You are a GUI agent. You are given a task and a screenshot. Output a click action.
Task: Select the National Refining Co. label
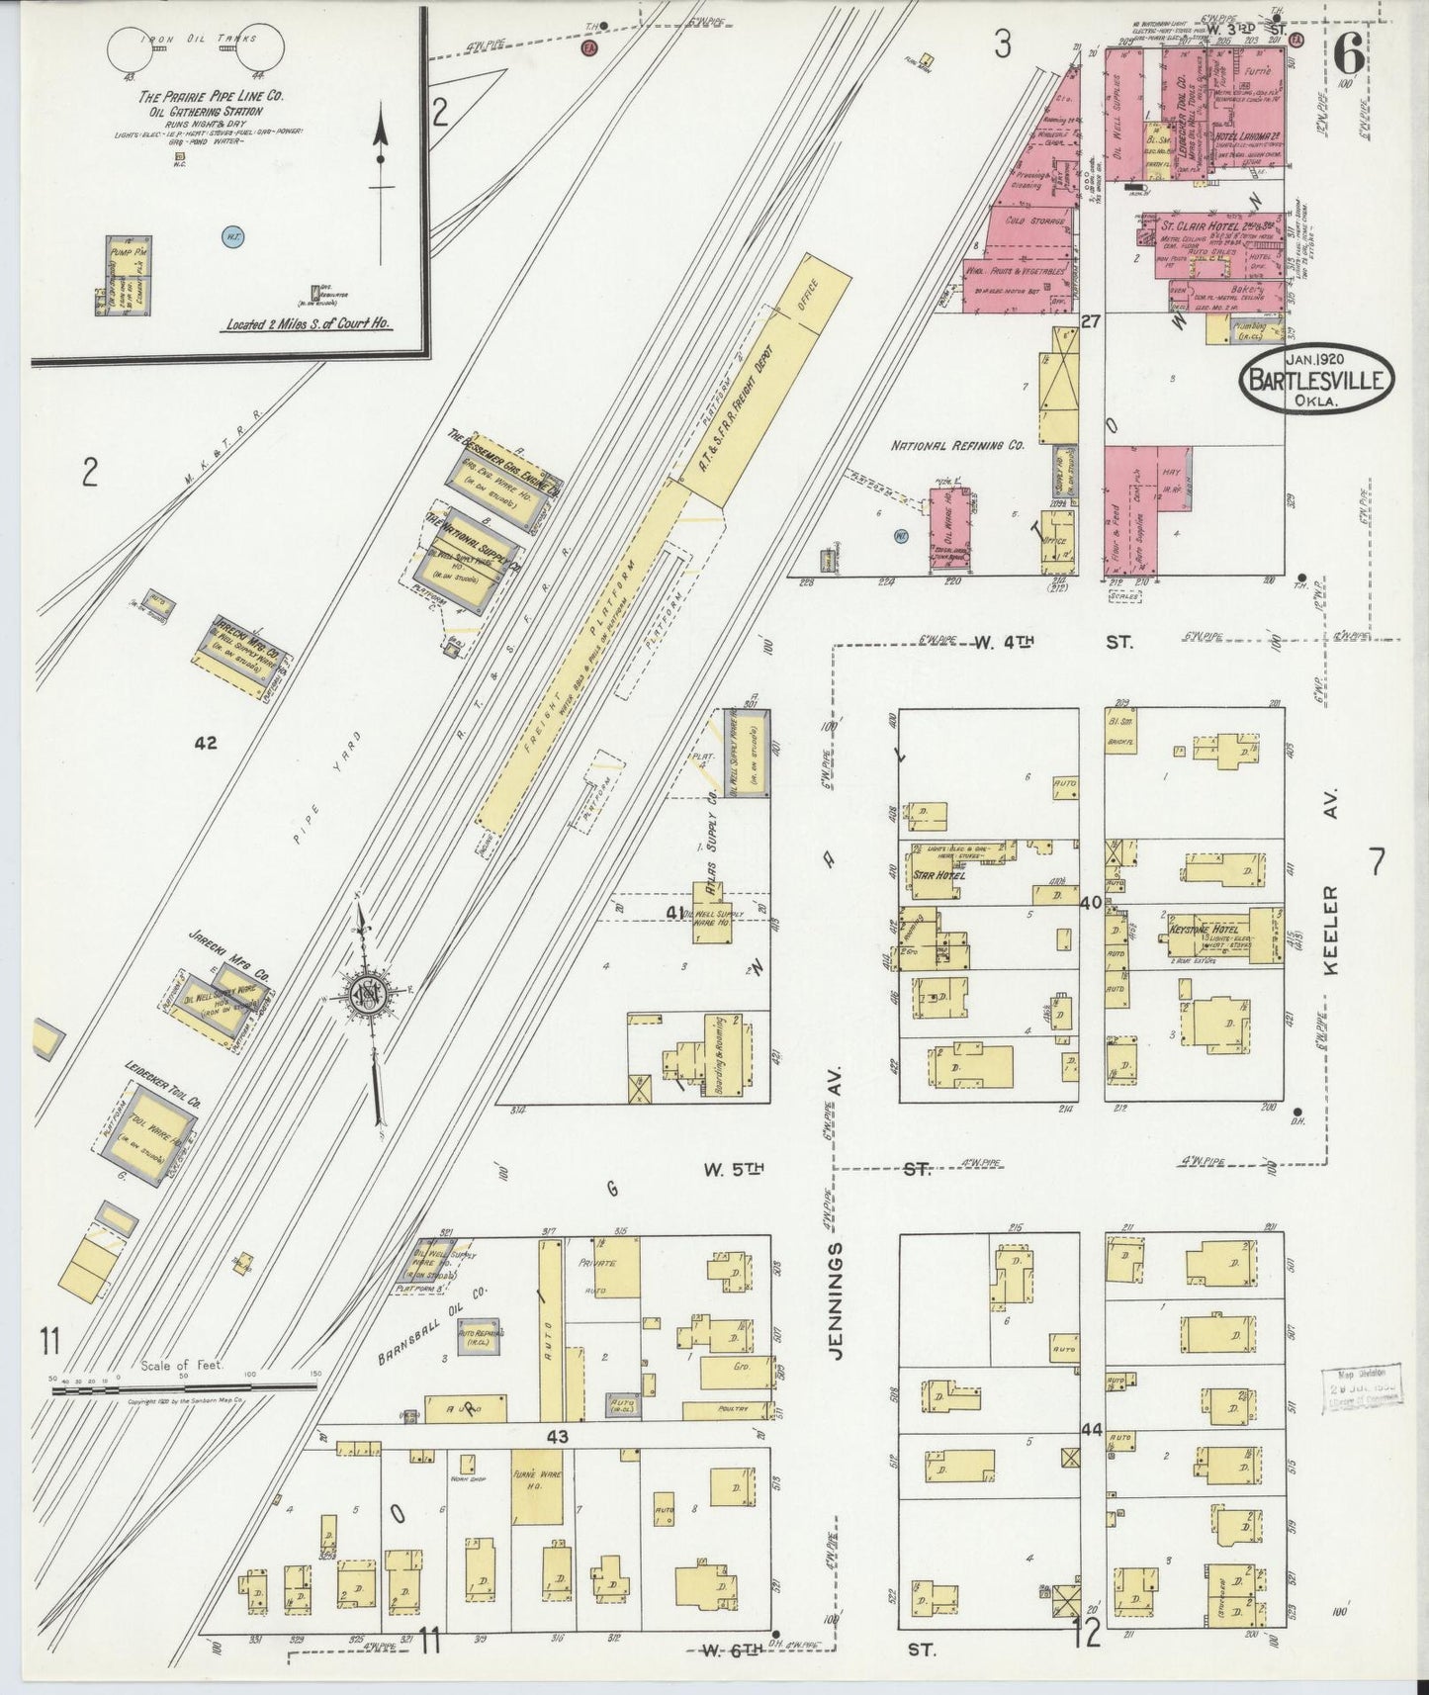[957, 446]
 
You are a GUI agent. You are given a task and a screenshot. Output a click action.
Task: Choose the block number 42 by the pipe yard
[205, 743]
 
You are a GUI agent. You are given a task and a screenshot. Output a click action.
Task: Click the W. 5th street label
[734, 1169]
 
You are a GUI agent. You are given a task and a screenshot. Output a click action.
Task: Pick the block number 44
[1092, 1429]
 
